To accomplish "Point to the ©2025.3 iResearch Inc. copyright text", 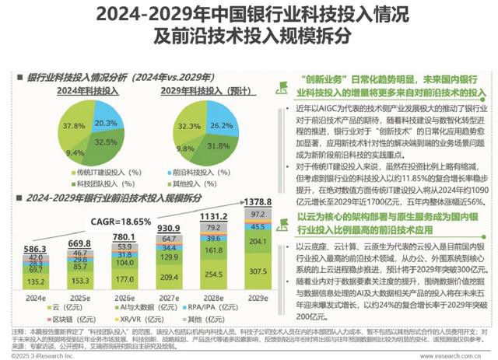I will tap(43, 354).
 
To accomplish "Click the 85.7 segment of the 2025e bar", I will tap(80, 266).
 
